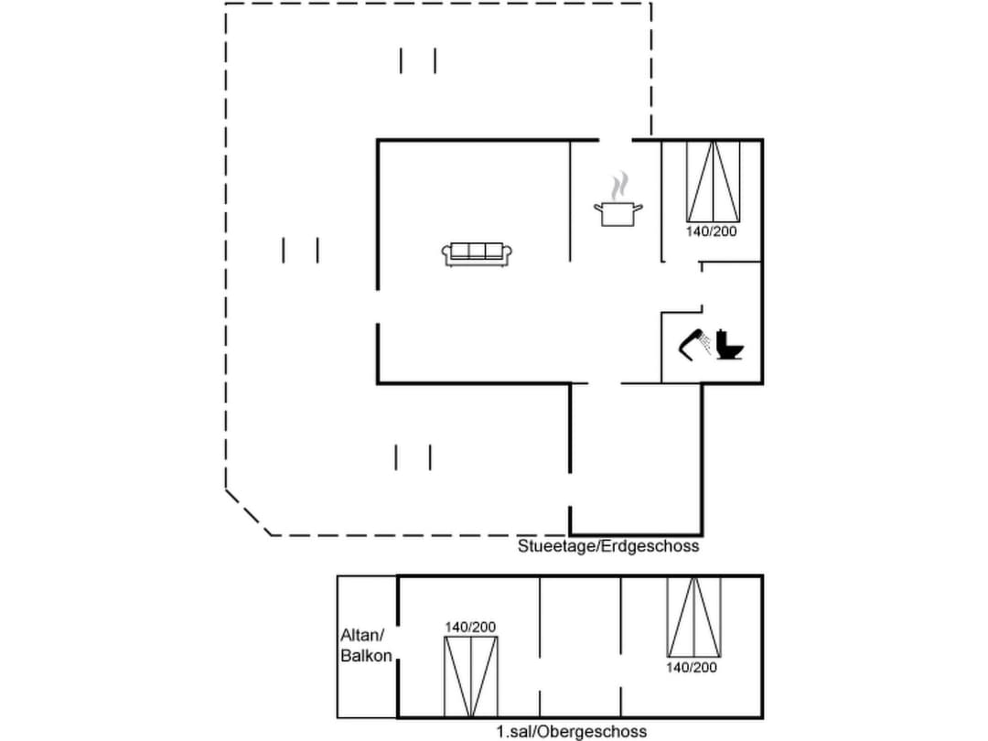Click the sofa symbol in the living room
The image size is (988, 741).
478,254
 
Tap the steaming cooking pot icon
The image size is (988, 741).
619,214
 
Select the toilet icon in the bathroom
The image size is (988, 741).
729,344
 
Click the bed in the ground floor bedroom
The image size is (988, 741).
713,181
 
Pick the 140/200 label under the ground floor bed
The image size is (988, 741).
712,231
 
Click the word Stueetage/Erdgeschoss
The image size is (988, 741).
608,546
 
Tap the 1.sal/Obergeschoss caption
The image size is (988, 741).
572,731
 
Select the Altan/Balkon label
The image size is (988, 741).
366,645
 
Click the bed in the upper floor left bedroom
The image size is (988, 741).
471,677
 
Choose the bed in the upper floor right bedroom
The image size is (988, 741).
693,617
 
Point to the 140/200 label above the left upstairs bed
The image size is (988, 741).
470,627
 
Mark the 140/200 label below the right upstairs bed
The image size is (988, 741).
693,667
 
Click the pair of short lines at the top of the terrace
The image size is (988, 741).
418,60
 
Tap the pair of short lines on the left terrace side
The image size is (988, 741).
300,250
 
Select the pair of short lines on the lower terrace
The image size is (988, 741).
413,456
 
